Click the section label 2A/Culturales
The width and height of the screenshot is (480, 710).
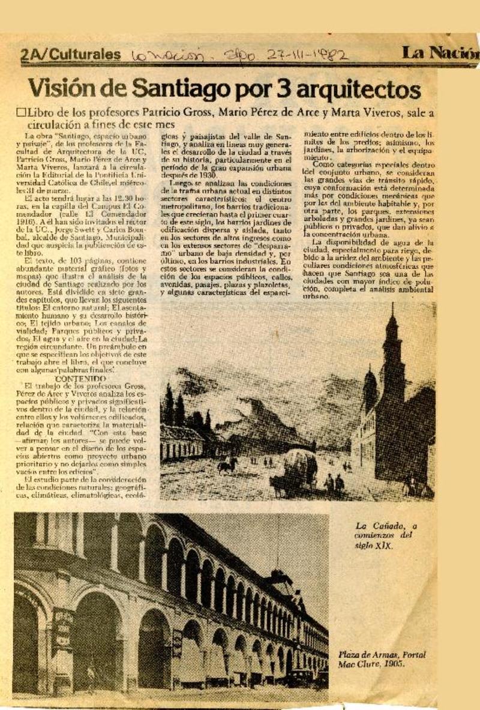click(x=70, y=55)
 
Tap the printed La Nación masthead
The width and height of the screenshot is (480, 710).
click(x=440, y=54)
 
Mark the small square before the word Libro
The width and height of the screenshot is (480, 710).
click(x=22, y=112)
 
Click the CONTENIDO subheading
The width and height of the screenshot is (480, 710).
click(x=80, y=379)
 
